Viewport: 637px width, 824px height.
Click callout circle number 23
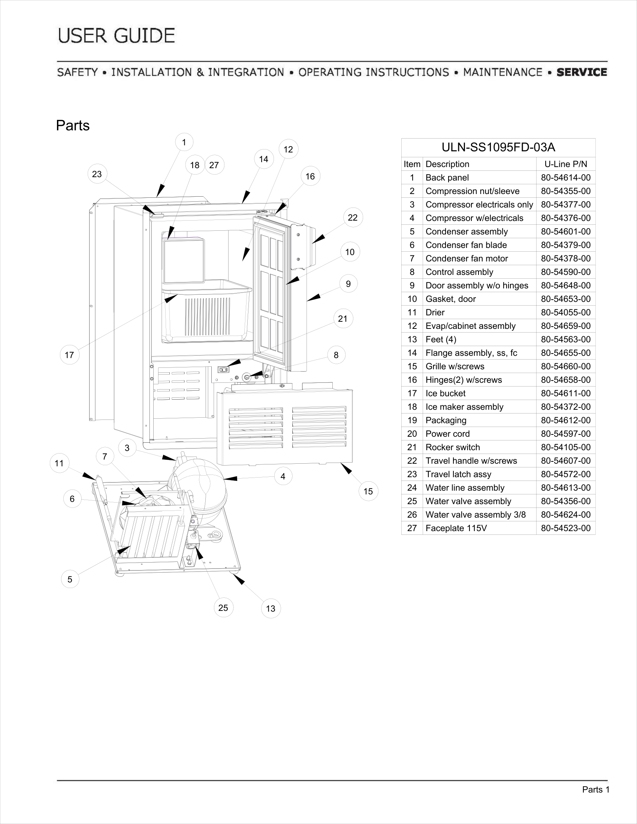coord(97,174)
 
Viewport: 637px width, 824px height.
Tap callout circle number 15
coord(368,491)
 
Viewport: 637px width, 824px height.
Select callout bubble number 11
coord(59,463)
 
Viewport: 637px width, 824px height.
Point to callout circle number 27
coord(214,165)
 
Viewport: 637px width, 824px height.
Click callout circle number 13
coord(271,608)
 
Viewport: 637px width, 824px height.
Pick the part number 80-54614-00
coord(566,178)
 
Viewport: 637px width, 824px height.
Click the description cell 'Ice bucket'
coord(445,393)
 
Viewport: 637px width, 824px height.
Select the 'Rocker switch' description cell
coord(453,447)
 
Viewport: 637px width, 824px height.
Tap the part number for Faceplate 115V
coord(566,528)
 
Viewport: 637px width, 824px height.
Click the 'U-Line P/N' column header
coord(566,164)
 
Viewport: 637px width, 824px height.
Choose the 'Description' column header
coord(447,164)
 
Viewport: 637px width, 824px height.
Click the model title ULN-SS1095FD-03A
coord(498,147)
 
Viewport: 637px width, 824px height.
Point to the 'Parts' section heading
coord(73,125)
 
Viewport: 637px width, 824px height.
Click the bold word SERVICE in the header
coord(582,72)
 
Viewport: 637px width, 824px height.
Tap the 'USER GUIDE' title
coord(117,36)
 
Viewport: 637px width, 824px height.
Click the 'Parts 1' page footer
coord(596,790)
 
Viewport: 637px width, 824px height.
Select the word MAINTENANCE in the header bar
coord(502,72)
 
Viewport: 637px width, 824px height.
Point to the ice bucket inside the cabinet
coord(206,311)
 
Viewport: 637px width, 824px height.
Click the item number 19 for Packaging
coord(412,420)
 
